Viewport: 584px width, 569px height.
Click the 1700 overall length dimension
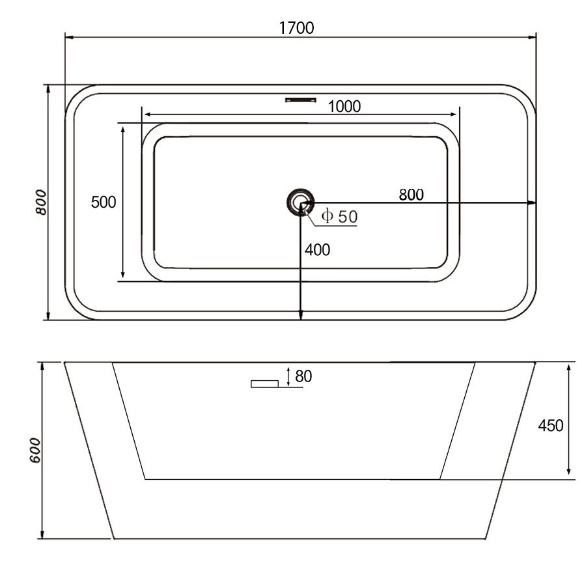click(296, 28)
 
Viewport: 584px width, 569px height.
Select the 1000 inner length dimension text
click(344, 107)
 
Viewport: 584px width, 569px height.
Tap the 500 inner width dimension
click(104, 202)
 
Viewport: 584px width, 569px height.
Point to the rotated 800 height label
click(41, 202)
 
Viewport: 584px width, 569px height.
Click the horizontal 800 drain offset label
click(411, 195)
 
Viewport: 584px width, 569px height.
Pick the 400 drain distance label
click(317, 250)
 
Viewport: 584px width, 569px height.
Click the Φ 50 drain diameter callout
click(339, 216)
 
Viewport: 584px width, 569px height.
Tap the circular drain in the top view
click(300, 202)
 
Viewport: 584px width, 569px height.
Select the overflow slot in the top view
click(301, 100)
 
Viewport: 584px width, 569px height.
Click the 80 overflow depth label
click(303, 376)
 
